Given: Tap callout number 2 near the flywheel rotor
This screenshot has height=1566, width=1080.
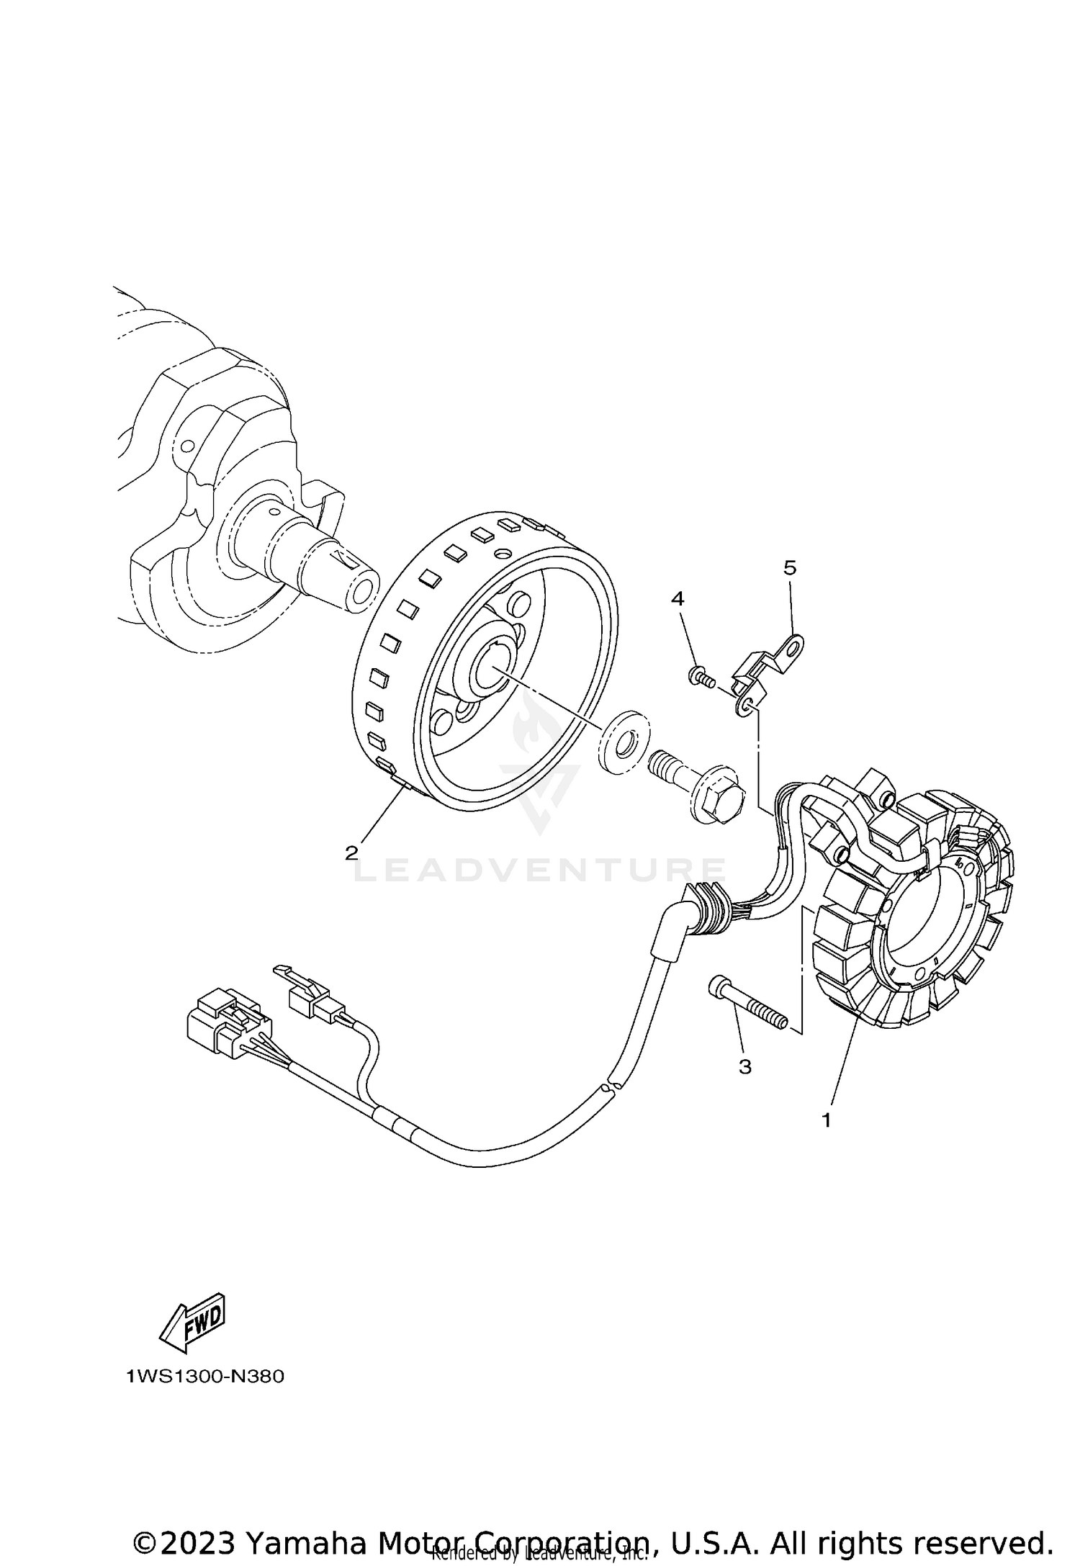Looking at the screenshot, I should click(x=351, y=853).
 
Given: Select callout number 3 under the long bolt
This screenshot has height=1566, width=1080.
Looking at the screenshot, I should click(x=745, y=1066).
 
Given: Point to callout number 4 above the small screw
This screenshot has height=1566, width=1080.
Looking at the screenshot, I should click(x=678, y=598).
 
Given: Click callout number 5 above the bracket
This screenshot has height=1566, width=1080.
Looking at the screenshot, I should click(x=790, y=568).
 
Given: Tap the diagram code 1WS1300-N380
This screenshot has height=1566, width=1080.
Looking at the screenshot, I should click(x=205, y=1377).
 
